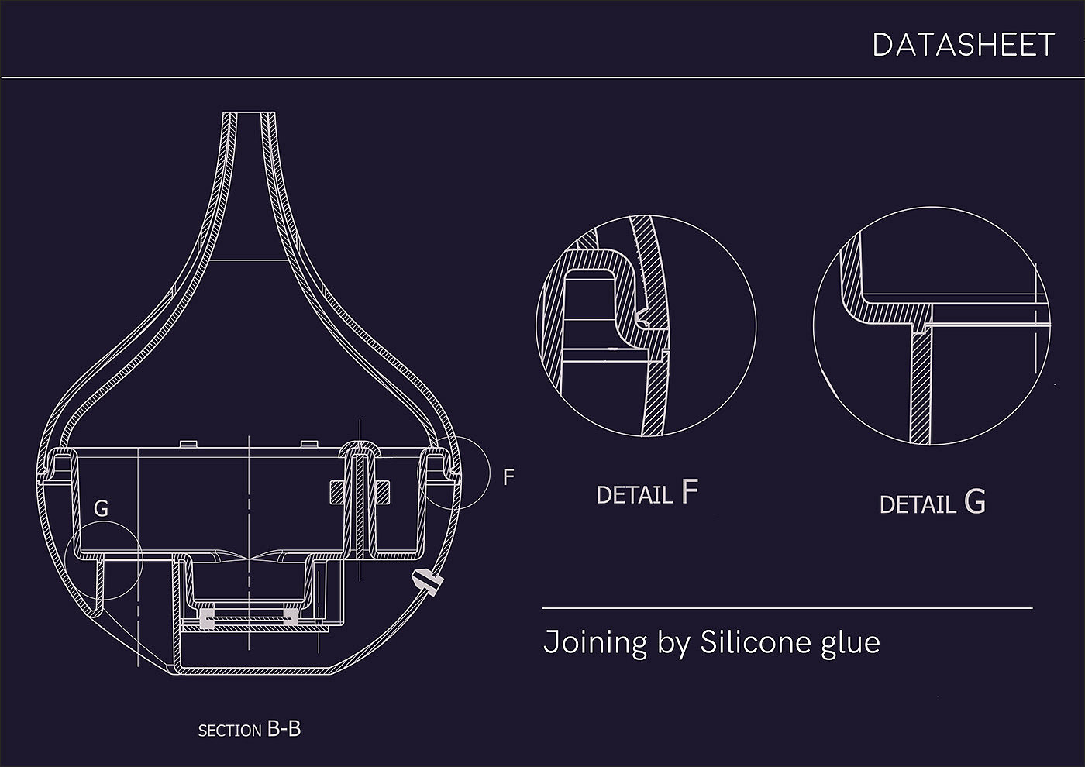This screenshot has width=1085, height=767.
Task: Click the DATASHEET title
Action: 963,45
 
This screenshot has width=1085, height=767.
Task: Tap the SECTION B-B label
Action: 250,729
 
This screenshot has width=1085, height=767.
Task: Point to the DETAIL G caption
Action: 932,502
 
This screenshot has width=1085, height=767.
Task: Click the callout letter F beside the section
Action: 508,477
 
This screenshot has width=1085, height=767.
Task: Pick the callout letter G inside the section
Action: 102,508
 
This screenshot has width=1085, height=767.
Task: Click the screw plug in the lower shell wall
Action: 427,582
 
